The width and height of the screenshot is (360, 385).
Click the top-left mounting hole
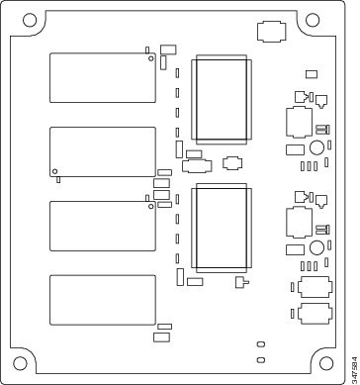coord(30,20)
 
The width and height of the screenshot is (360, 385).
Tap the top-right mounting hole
coord(313,20)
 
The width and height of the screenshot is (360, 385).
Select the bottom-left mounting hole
coord(20,363)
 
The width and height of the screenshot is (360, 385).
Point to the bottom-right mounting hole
coord(326,363)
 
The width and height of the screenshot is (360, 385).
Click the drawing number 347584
coord(354,367)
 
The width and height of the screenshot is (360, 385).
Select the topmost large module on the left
coord(103,77)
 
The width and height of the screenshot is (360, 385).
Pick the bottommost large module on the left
coord(103,300)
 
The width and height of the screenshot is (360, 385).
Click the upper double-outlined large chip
coord(222,100)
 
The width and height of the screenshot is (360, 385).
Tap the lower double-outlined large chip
coord(222,229)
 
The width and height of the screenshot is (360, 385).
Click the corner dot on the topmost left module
coord(151,58)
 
